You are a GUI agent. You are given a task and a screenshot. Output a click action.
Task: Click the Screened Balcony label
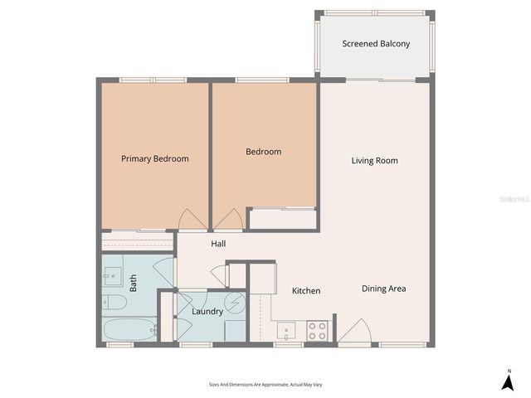click(376, 44)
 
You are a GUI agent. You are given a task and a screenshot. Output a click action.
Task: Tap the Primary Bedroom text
click(154, 158)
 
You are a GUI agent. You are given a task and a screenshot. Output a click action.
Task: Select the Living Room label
click(374, 160)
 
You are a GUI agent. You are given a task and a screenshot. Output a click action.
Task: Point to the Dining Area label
click(383, 289)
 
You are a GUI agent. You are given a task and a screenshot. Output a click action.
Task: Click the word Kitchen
click(306, 291)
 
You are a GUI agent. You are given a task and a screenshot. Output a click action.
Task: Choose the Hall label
click(218, 244)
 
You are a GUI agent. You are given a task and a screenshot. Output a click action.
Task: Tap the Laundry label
click(207, 312)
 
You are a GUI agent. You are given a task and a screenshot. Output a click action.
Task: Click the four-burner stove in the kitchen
click(317, 331)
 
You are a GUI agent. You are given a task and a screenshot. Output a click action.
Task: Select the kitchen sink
click(286, 332)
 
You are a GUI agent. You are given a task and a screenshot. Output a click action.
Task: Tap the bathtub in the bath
click(129, 330)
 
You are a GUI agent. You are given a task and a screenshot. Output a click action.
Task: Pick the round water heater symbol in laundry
click(236, 303)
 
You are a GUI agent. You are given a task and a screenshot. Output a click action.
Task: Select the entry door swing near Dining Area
click(353, 332)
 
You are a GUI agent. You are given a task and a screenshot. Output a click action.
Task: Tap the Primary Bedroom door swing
click(189, 220)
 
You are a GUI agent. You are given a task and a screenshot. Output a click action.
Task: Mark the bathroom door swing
click(166, 271)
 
